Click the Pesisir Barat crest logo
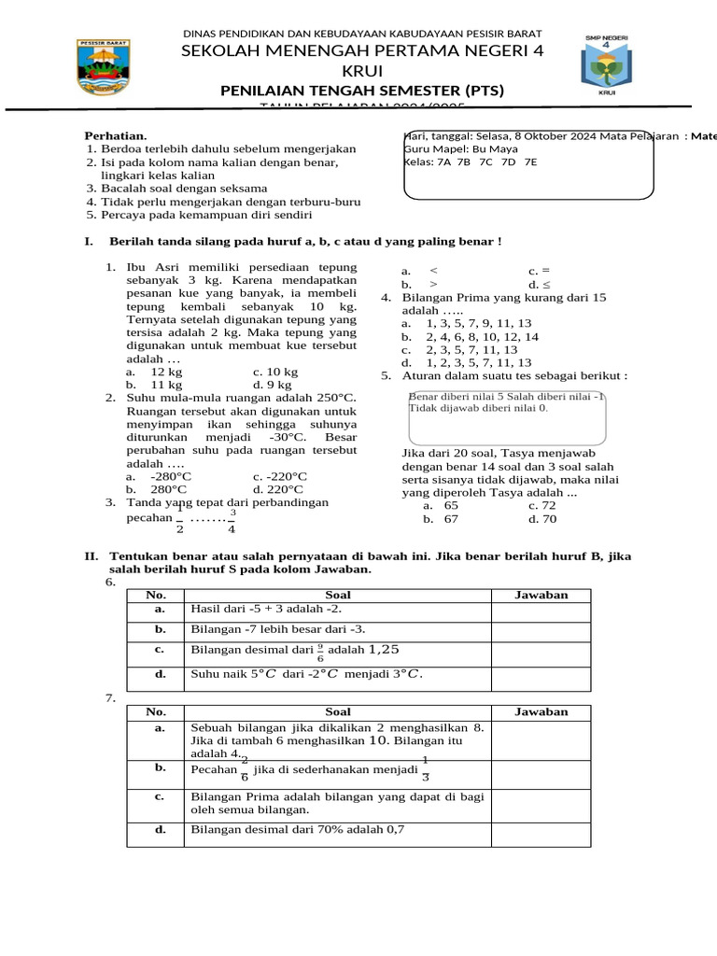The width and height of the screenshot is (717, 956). [104, 68]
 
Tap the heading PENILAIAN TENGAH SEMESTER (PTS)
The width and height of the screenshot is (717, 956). [361, 91]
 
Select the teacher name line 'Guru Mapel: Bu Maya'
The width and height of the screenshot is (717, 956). [460, 148]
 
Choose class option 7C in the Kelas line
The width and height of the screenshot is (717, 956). [485, 162]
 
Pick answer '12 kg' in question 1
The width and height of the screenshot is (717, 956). [165, 372]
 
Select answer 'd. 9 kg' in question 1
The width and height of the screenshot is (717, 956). [272, 384]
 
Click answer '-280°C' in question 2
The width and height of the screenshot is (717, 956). [168, 476]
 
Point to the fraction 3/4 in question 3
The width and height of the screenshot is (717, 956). [232, 521]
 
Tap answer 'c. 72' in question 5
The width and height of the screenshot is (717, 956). [541, 505]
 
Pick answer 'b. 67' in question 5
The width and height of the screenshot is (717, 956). [441, 518]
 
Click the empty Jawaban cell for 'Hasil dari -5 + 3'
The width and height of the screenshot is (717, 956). [541, 611]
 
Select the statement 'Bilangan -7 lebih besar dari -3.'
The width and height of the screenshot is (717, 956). [278, 629]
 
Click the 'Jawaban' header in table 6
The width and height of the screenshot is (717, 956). [541, 595]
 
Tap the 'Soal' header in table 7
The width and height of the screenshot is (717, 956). [337, 711]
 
